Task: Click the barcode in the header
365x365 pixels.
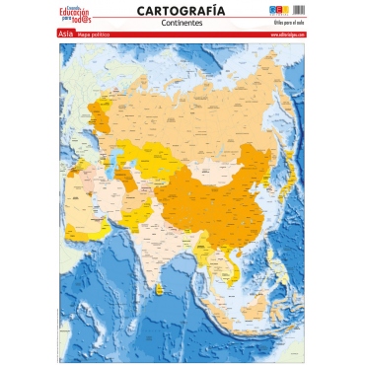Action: pyautogui.click(x=302, y=10)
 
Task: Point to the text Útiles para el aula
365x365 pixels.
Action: pyautogui.click(x=289, y=23)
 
